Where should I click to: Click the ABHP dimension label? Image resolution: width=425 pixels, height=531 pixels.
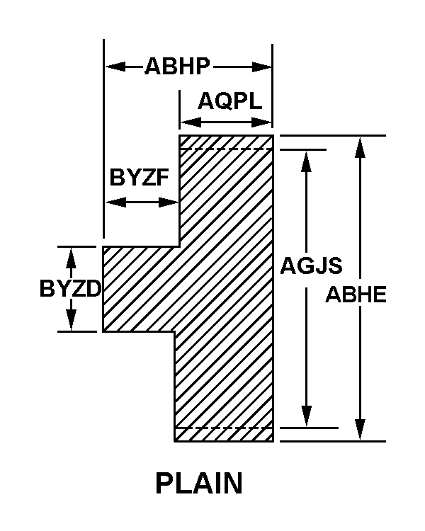click(177, 66)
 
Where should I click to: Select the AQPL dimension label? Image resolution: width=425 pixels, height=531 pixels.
click(230, 101)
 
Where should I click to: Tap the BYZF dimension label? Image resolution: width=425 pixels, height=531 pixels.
click(139, 177)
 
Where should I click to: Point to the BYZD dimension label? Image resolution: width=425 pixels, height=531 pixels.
click(71, 289)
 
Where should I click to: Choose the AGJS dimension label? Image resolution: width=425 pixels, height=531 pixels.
click(311, 265)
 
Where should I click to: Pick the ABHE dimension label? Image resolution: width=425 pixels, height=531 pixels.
click(356, 295)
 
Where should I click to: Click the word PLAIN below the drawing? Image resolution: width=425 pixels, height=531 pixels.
click(199, 484)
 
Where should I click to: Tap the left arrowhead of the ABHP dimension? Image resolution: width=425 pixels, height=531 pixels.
click(115, 67)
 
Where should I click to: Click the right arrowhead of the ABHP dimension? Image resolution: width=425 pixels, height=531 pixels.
click(262, 67)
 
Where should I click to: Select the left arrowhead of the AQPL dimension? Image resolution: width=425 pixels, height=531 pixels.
click(191, 122)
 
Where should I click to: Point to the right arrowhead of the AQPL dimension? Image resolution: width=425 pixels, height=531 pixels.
click(261, 122)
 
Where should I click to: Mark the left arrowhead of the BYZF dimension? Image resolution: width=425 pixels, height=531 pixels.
click(115, 202)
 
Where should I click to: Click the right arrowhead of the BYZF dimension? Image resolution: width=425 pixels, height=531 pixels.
click(169, 202)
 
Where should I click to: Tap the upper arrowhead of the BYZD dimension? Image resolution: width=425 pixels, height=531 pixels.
click(71, 258)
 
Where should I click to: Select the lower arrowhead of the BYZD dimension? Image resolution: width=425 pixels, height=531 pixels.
click(71, 320)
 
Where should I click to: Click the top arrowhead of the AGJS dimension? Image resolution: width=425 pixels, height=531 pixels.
click(306, 162)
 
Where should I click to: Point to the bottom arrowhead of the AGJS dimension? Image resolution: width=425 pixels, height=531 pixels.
click(306, 416)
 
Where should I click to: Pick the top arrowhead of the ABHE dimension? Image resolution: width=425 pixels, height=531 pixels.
click(360, 148)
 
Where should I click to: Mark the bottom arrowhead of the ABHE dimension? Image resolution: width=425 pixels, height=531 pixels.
click(360, 430)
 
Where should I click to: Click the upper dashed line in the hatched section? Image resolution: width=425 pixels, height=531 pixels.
click(226, 149)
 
